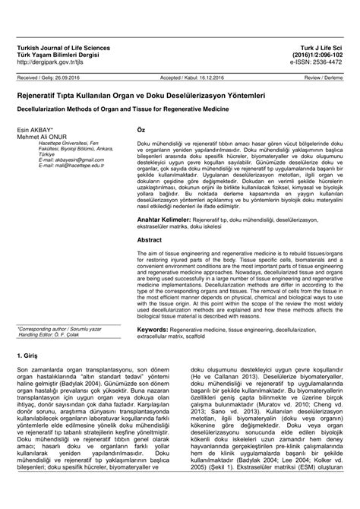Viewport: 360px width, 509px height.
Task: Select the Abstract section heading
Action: (x=150, y=238)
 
